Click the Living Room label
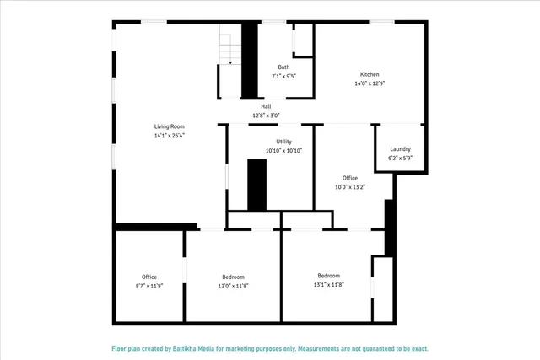click(x=169, y=126)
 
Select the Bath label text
click(x=283, y=67)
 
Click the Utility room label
click(x=283, y=142)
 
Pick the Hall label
click(x=266, y=106)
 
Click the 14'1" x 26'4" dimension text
click(x=169, y=135)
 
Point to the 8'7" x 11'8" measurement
click(x=149, y=286)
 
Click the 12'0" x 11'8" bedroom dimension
click(x=233, y=286)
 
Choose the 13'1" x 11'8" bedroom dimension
click(x=328, y=285)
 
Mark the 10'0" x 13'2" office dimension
click(x=350, y=187)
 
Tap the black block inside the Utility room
click(x=256, y=184)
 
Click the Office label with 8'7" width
click(x=149, y=277)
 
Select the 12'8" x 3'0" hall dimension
click(x=266, y=116)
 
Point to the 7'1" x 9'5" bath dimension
click(x=283, y=76)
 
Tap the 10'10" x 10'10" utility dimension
click(x=283, y=151)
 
